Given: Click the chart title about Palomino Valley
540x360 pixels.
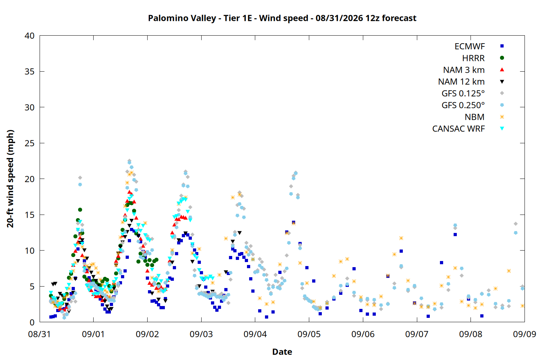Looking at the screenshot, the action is click(x=282, y=18).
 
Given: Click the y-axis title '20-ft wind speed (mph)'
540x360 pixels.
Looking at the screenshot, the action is click(x=10, y=179).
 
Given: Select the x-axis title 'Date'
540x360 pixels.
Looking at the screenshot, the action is click(x=282, y=352).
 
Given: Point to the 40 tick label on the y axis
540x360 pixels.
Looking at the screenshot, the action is click(x=30, y=36).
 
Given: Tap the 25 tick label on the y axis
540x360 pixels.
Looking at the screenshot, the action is click(x=30, y=143).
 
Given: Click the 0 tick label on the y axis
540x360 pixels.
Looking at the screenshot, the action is click(x=32, y=323).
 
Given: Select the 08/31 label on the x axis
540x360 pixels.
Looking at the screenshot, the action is click(x=40, y=334).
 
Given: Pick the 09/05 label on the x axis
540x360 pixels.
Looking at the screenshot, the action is click(x=309, y=334).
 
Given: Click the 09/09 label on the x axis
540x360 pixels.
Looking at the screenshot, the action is click(x=525, y=334).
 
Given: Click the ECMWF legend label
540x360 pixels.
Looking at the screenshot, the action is click(x=469, y=46).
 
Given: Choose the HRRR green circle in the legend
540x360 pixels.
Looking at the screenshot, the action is click(x=502, y=58).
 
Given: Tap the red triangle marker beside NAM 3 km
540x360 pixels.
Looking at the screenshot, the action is click(x=502, y=70).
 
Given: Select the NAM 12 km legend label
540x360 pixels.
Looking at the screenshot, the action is click(x=462, y=82).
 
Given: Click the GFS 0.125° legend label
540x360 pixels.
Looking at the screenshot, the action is click(x=463, y=93).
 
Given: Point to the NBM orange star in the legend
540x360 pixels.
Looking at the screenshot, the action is click(x=502, y=117).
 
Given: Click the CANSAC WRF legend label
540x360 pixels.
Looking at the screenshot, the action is click(x=459, y=129).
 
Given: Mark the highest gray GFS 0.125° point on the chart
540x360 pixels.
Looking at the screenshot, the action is click(x=130, y=161).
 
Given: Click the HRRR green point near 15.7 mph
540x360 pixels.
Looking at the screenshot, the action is click(x=80, y=210).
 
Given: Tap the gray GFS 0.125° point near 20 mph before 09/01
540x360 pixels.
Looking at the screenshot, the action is click(x=80, y=178).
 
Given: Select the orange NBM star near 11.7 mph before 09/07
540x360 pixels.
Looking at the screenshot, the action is click(x=401, y=238).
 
